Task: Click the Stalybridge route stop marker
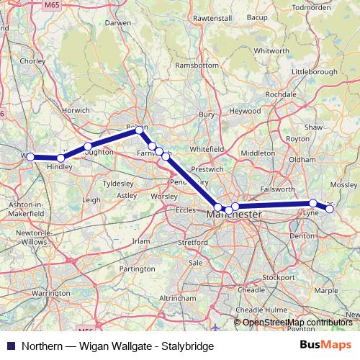click(x=330, y=209)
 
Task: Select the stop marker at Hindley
click(x=60, y=158)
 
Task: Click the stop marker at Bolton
click(x=140, y=130)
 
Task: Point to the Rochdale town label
click(x=280, y=94)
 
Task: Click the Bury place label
click(x=207, y=114)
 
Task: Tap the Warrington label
click(x=50, y=294)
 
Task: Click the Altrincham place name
click(x=178, y=297)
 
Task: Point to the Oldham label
click(x=302, y=158)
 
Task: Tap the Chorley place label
click(x=32, y=61)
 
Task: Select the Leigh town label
click(x=91, y=199)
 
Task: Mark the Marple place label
click(x=325, y=291)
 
